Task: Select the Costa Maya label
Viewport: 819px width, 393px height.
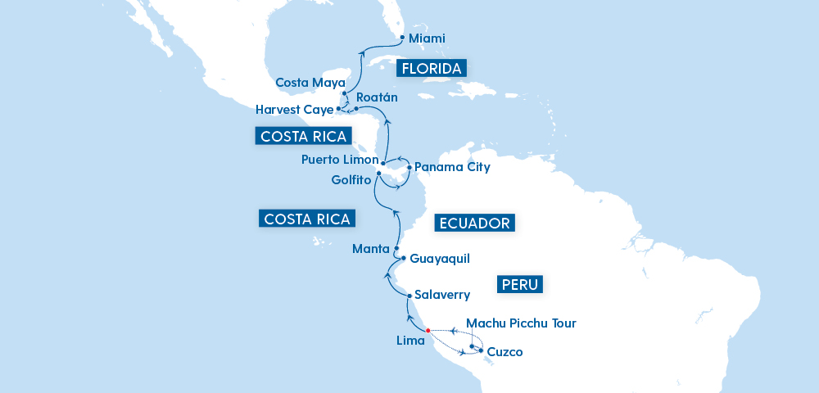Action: coord(310,83)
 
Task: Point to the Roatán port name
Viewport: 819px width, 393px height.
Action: coord(377,97)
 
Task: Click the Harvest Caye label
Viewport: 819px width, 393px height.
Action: coord(294,109)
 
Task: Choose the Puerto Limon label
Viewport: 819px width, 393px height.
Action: coord(340,160)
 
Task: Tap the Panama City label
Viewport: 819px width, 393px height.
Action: coord(452,167)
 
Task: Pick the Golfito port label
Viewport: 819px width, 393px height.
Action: coord(351,179)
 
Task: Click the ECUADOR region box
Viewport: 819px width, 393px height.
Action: coord(475,224)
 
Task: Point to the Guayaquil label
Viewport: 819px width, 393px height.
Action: coord(440,259)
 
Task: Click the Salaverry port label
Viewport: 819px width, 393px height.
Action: coord(442,294)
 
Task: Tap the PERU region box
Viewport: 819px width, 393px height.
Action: coord(520,285)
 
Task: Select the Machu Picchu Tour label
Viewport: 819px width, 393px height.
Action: coord(521,323)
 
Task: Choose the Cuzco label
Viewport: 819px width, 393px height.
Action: coord(505,353)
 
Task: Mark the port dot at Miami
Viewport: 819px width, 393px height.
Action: coord(402,37)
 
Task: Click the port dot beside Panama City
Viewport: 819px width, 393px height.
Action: coord(409,167)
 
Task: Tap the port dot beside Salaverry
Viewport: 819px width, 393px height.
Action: coord(409,295)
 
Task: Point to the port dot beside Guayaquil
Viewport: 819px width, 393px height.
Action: coord(404,258)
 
